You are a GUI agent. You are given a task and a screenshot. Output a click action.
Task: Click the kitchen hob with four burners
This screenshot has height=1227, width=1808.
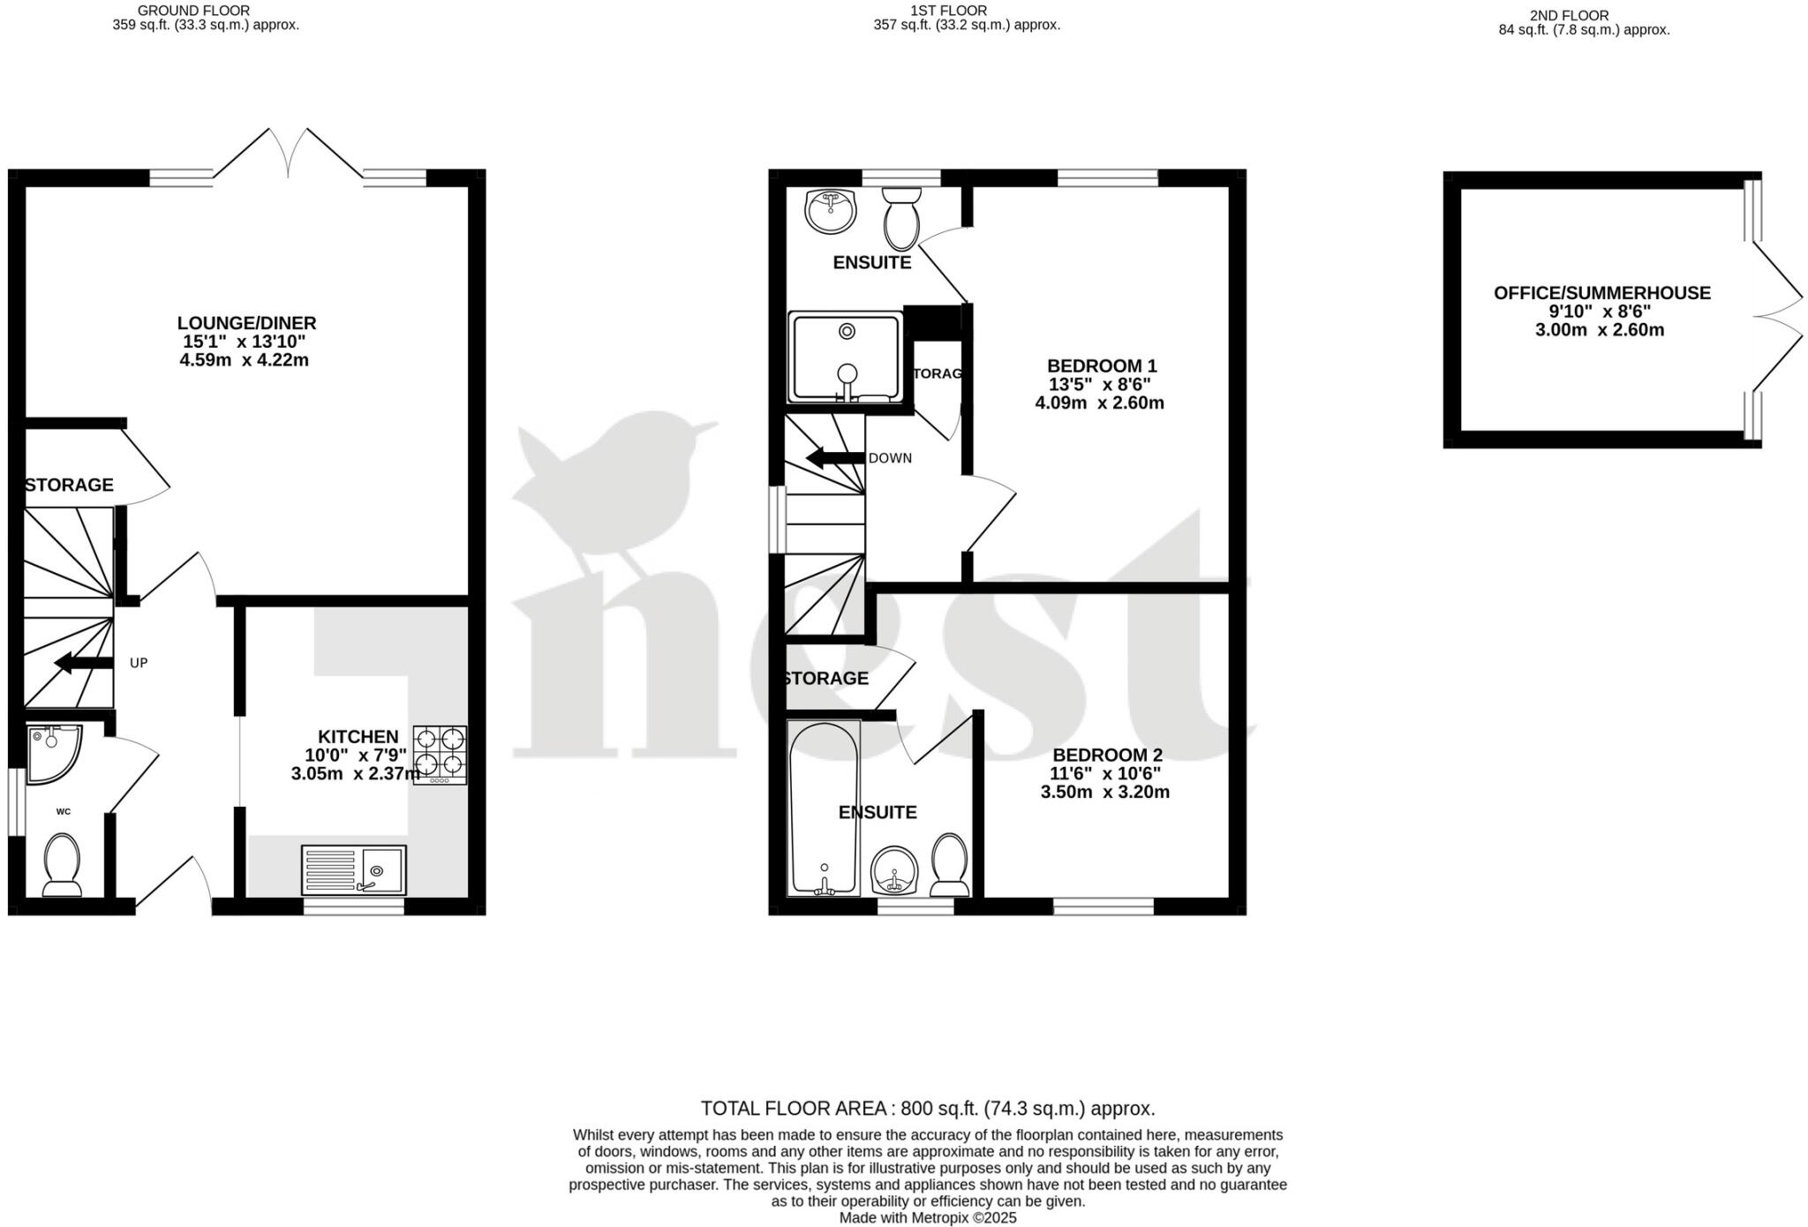pos(440,755)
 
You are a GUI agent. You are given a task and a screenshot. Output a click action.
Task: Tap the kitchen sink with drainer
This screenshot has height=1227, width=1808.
pos(353,869)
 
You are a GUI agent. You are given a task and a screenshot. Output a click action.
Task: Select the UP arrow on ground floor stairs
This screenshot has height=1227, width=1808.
pos(83,663)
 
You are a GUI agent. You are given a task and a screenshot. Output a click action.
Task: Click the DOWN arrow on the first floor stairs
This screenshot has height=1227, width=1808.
pos(835,458)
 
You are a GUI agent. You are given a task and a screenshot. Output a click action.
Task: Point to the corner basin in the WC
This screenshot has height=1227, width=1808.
pos(51,752)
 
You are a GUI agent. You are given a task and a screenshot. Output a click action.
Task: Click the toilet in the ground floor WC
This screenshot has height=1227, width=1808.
pos(62,865)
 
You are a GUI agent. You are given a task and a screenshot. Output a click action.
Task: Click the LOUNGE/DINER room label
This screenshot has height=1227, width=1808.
pos(246,323)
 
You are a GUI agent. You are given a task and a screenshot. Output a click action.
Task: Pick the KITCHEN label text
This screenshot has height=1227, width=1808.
pos(358,736)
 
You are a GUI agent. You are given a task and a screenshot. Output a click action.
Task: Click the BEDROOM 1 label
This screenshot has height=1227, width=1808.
pos(1101,365)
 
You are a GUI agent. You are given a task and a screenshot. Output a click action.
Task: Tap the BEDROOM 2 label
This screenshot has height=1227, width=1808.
pos(1106,755)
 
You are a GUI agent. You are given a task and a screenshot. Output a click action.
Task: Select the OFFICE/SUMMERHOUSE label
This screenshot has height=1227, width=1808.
pos(1601,293)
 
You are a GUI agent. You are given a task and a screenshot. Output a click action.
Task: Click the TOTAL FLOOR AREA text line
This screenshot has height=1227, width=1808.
pos(927,1108)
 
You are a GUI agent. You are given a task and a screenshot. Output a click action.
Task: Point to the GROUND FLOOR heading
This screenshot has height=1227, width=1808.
pos(193,11)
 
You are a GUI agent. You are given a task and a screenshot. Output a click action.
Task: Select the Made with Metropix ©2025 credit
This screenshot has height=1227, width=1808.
pos(927,1218)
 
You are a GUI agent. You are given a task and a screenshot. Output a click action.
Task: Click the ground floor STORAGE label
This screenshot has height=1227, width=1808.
pos(69,485)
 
